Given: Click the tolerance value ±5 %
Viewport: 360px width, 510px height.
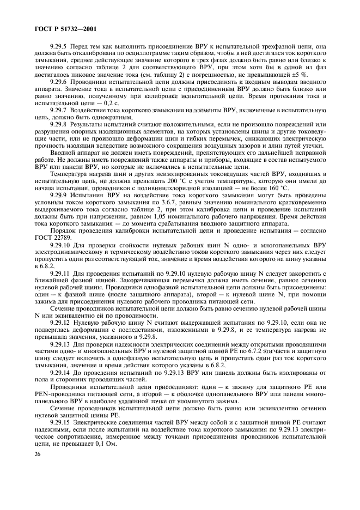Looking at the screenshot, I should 326,74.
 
